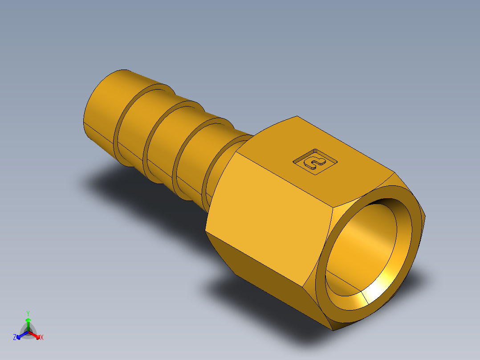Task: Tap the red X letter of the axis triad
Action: point(42,337)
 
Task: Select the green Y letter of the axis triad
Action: point(28,313)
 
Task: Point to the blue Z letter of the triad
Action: point(15,337)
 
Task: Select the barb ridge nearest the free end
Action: point(119,129)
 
